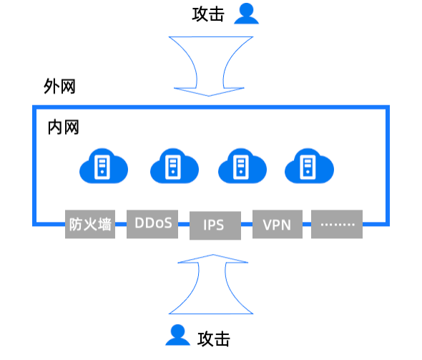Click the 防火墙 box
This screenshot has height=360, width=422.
(x=90, y=225)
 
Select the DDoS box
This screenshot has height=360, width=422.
(x=152, y=223)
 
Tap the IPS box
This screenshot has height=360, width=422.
(x=214, y=225)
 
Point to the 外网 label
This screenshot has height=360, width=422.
(x=59, y=87)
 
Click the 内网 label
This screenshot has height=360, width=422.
(x=63, y=127)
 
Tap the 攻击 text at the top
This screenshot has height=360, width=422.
(x=208, y=14)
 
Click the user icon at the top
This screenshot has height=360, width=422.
(x=246, y=14)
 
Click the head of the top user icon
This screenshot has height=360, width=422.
(x=246, y=9)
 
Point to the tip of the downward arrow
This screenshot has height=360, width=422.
(x=210, y=95)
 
